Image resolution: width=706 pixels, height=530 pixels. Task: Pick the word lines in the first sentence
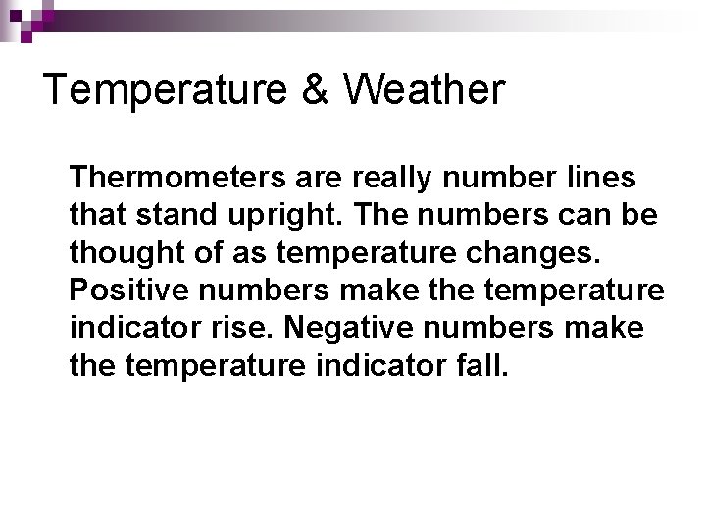click(x=600, y=179)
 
